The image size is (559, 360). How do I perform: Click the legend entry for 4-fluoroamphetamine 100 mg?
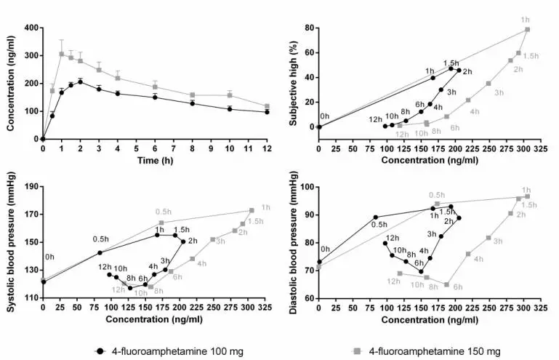coord(170,351)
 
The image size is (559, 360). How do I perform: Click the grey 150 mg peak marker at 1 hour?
coord(62,54)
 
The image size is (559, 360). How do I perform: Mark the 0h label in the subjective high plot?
coord(324,116)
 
